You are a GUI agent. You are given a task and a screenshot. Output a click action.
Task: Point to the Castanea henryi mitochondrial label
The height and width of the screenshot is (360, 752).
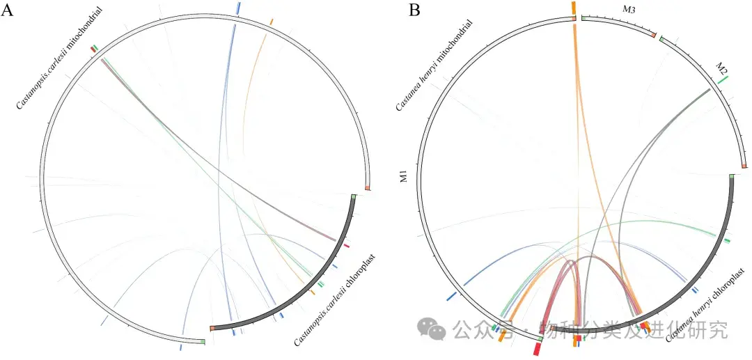pos(434,65)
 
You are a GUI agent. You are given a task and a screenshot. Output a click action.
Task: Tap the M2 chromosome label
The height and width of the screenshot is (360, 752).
pos(721,70)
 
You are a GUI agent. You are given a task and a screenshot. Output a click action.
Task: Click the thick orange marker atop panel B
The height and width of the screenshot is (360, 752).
pos(573,6)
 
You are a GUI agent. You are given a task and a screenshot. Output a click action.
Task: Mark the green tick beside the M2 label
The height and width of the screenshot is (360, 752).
pos(723,81)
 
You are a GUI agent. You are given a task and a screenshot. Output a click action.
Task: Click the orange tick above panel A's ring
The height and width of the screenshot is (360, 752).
pos(272,22)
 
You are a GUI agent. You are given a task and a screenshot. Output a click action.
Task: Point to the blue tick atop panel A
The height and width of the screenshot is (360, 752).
pos(238,7)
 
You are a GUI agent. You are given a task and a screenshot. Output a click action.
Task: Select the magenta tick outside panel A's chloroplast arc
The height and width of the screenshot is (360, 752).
pos(346,246)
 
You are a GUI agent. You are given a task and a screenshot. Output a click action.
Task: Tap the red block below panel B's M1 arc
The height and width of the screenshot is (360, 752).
pos(538,347)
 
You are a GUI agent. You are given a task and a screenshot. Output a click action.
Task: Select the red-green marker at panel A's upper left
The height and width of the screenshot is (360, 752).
pos(94,48)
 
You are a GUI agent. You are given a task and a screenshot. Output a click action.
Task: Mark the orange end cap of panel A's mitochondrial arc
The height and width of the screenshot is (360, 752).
pos(368,188)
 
